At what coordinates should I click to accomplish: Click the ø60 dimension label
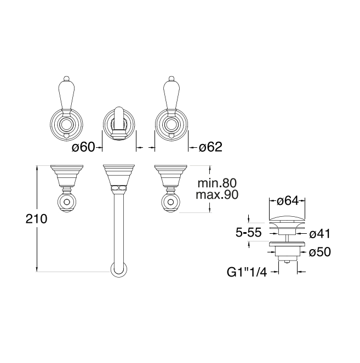click(x=83, y=147)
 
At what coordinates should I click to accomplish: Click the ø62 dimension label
click(x=210, y=147)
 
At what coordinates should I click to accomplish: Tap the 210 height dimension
click(x=36, y=219)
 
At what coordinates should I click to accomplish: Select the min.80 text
click(x=217, y=183)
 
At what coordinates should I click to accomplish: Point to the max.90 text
click(x=217, y=195)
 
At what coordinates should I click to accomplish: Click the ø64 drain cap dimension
click(x=288, y=201)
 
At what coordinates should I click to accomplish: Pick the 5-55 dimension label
click(x=249, y=233)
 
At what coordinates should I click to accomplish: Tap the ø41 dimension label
click(x=319, y=234)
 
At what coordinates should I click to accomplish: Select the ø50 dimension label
click(x=319, y=252)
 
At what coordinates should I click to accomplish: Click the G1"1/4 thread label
click(x=247, y=272)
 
